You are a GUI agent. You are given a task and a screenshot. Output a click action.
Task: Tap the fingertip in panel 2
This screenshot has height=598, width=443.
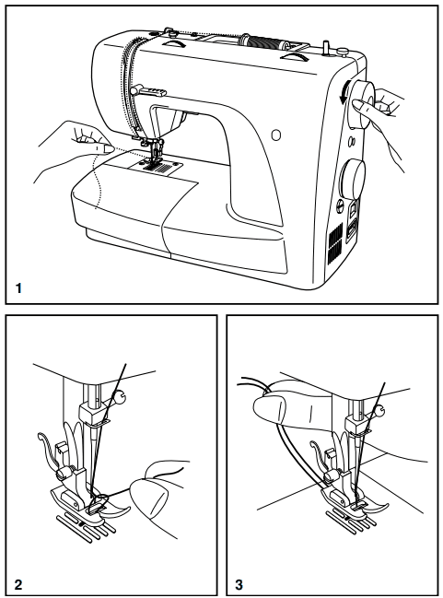tap(148, 498)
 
